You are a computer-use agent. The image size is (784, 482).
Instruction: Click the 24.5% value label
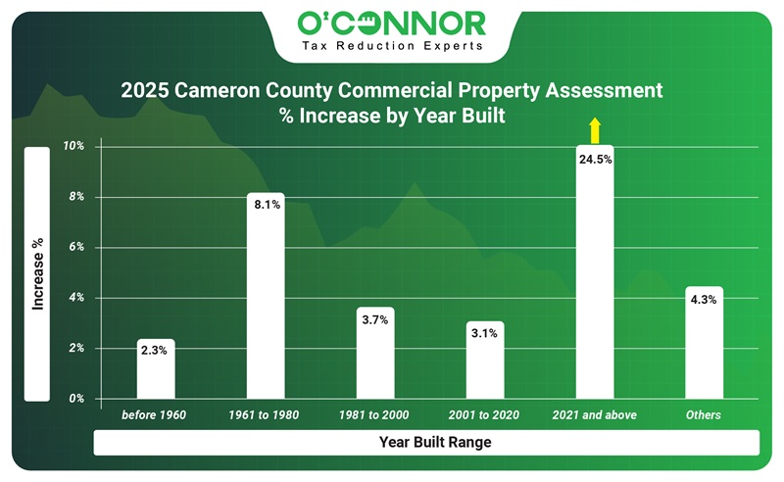click(595, 159)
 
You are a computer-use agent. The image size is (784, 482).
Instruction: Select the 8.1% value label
click(266, 205)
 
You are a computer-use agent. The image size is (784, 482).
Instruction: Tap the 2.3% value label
click(156, 350)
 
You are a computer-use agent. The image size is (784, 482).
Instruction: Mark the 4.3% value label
click(704, 299)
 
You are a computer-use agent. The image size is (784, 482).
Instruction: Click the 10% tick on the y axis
click(74, 146)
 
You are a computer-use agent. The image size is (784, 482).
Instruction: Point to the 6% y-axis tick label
click(76, 247)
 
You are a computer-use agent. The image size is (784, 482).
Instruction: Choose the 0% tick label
click(76, 399)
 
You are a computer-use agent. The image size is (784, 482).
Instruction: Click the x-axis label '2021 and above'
click(595, 415)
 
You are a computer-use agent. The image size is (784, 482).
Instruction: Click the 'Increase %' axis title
click(37, 273)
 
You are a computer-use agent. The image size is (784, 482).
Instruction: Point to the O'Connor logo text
click(392, 22)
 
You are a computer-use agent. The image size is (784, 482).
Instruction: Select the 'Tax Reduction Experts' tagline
click(392, 47)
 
